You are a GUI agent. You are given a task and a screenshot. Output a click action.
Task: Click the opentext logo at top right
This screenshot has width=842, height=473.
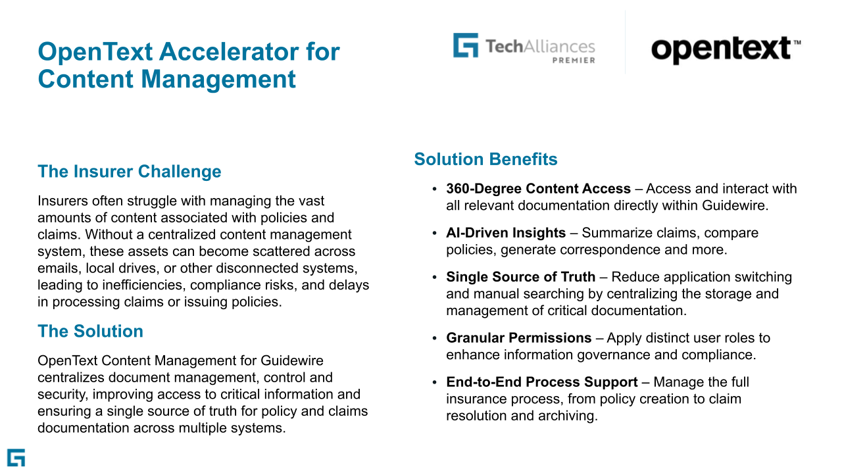coord(725,49)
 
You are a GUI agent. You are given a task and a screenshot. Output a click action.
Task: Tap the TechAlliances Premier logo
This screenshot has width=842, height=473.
coord(524,49)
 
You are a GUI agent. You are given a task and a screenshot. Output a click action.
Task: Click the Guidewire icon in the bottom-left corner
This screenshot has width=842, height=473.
coord(16,458)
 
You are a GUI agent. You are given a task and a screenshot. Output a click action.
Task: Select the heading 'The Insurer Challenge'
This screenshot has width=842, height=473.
coord(130,172)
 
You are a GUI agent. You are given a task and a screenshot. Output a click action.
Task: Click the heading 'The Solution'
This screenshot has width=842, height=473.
coord(90,331)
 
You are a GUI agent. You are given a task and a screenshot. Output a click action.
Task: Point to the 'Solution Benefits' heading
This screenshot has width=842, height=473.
coord(485,159)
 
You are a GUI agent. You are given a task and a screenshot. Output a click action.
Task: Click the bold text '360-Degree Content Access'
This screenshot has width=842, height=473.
coord(538,189)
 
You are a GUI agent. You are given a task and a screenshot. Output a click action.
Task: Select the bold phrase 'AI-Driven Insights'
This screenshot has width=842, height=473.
coord(506,233)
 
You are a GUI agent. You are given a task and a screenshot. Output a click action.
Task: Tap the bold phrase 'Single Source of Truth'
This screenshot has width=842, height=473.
coord(520,277)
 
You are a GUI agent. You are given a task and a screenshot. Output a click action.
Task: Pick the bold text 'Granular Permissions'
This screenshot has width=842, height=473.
coord(518,338)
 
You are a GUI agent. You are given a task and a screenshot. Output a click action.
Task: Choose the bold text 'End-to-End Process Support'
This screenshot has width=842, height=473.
coord(541,382)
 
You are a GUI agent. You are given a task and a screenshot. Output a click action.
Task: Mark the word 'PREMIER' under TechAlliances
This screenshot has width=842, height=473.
coord(573,61)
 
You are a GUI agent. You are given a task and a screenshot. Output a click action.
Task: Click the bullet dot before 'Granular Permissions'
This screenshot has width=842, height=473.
coord(435,338)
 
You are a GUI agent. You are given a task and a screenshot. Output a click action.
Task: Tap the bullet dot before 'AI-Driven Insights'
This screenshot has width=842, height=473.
coord(435,234)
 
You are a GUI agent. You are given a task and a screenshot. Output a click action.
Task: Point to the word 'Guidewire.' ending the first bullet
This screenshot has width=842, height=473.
coord(732,205)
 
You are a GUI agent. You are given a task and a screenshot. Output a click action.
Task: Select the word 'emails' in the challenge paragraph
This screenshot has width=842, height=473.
coord(57,268)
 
